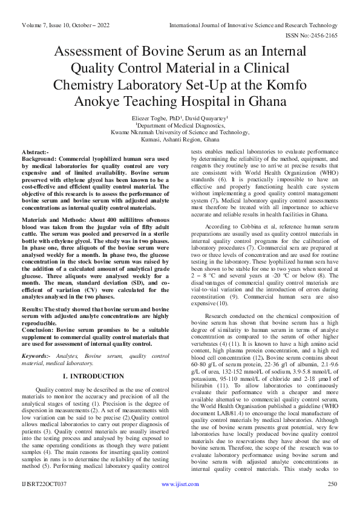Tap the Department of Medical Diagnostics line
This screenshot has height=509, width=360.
coord(180,125)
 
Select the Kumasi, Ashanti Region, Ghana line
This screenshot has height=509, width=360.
coord(180,140)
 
